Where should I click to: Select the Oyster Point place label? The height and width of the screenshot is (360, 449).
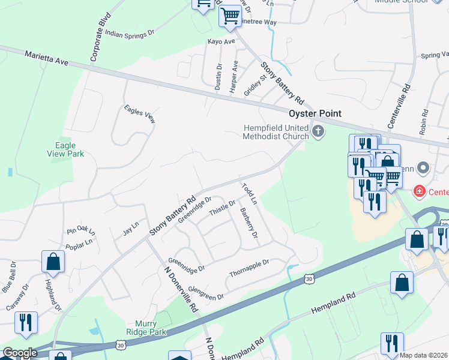[x=315, y=113]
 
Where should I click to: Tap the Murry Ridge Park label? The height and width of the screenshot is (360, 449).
[x=146, y=327]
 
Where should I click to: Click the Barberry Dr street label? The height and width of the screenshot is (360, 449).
[x=249, y=222]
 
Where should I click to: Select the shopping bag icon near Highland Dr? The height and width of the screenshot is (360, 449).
[x=53, y=263]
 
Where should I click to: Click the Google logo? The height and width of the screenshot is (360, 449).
[x=20, y=353]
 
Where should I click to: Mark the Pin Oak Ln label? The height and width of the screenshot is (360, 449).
[x=81, y=230]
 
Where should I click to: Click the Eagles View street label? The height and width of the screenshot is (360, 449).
[x=139, y=114]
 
